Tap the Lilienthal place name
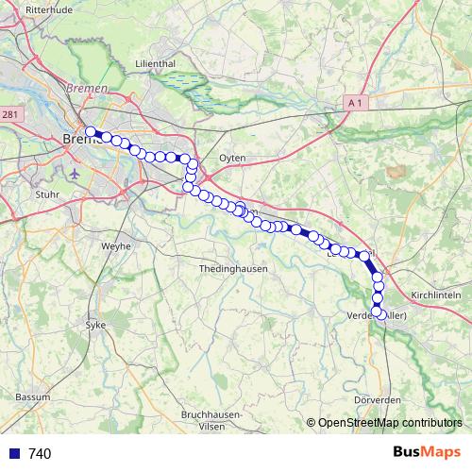(x=156, y=63)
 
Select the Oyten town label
(x=232, y=158)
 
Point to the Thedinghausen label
(x=233, y=269)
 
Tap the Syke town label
(x=96, y=323)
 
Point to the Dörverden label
(x=378, y=400)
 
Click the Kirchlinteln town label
(x=435, y=295)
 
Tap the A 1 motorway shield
(x=355, y=101)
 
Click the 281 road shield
(x=9, y=114)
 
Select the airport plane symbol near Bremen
(x=76, y=174)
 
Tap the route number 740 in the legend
(x=40, y=454)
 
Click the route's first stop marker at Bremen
(x=91, y=132)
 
